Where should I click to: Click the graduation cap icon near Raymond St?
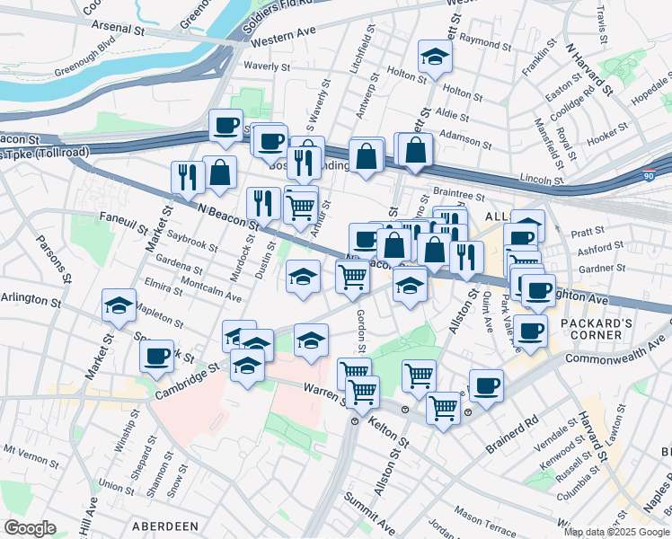coord(435,57)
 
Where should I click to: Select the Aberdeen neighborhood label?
coord(164,526)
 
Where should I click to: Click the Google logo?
coord(31,528)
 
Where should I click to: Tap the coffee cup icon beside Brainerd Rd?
coord(486,386)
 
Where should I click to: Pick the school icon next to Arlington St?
coord(119,305)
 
